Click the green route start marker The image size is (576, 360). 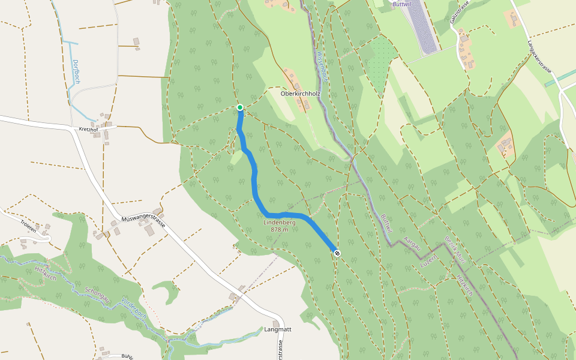click(240, 107)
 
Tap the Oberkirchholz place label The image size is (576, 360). click(301, 94)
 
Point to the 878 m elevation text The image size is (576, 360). click(280, 230)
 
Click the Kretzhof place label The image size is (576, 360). click(88, 129)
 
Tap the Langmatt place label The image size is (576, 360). click(277, 330)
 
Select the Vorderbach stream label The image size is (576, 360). click(133, 307)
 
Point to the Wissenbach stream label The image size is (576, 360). click(322, 66)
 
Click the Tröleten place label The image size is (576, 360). click(28, 226)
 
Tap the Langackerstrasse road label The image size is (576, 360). click(539, 56)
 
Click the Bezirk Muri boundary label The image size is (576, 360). click(455, 251)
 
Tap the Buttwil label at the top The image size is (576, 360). click(401, 4)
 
